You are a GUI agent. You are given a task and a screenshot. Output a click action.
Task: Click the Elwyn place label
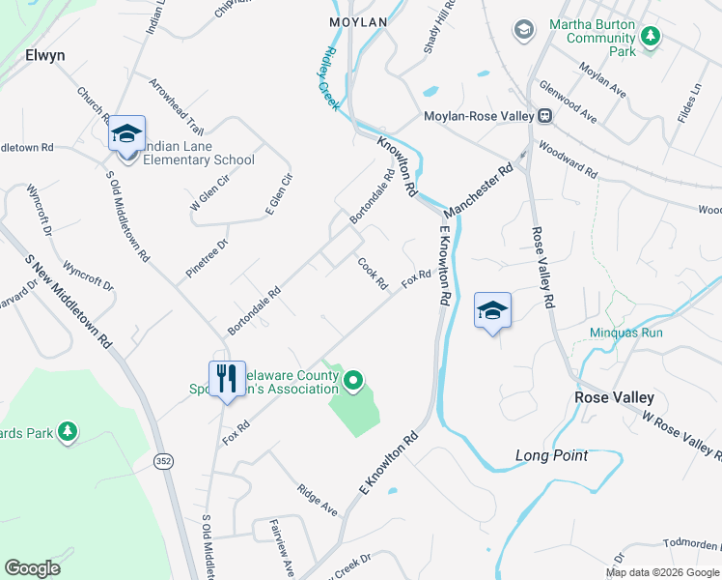[x=44, y=55]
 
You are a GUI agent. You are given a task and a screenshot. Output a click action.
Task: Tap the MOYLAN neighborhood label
[x=357, y=21]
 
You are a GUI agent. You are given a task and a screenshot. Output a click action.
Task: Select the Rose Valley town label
[x=614, y=397]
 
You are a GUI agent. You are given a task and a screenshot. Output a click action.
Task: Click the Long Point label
[x=551, y=455]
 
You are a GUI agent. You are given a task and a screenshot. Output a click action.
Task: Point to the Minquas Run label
[x=626, y=333]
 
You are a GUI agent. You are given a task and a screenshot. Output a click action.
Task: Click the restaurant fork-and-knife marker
[x=226, y=378]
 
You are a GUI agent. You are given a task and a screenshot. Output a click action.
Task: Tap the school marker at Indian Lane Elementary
[x=126, y=135]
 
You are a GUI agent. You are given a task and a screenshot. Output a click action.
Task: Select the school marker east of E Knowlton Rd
[x=492, y=311]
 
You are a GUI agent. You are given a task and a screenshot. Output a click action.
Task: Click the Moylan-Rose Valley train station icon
[x=544, y=116]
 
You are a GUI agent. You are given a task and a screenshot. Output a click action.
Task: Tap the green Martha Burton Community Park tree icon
[x=652, y=36]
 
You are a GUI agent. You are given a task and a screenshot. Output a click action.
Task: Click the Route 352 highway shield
[x=163, y=463]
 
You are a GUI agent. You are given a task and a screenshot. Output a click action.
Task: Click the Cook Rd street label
[x=373, y=273]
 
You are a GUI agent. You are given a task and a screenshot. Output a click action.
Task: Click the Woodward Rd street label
[x=569, y=161]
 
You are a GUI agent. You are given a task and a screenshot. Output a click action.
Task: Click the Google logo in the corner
[x=32, y=568]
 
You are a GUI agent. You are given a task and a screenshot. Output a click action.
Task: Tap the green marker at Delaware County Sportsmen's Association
[x=353, y=383]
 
